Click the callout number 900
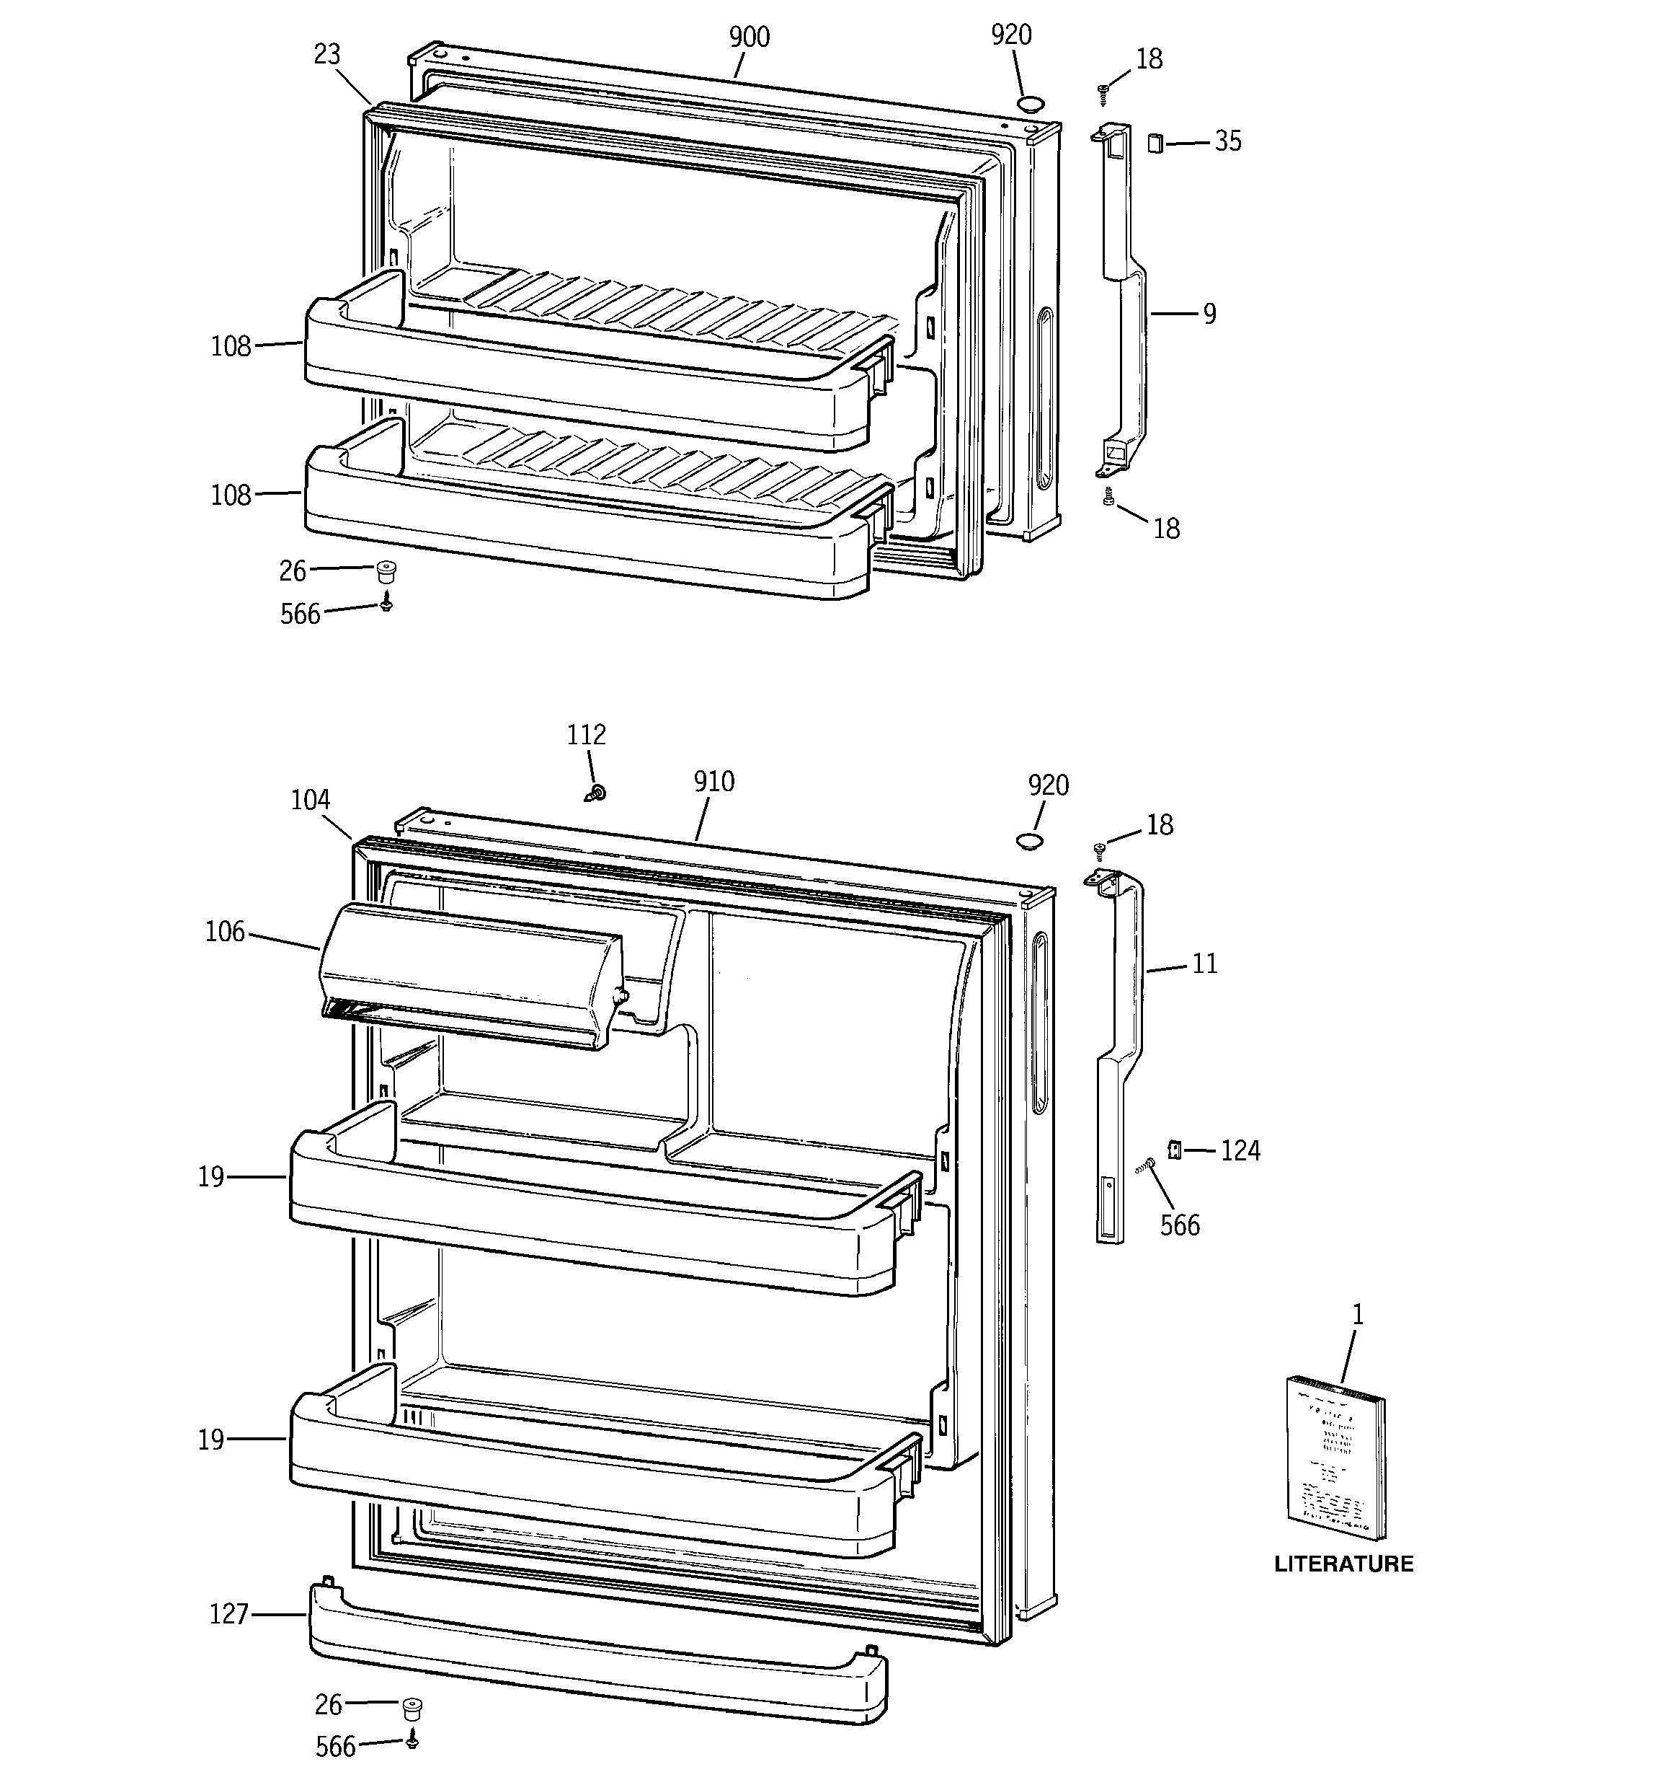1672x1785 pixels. coord(749,38)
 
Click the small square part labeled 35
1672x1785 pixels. coord(1155,143)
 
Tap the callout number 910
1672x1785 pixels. coord(713,782)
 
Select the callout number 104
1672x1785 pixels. coord(310,800)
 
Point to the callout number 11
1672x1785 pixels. coord(1204,964)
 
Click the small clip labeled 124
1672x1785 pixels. coord(1174,1150)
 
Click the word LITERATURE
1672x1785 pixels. coord(1343,1563)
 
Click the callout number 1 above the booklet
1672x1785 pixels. coord(1358,1315)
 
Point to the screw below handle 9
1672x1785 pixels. coord(1108,495)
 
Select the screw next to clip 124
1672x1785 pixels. coord(1146,1165)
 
